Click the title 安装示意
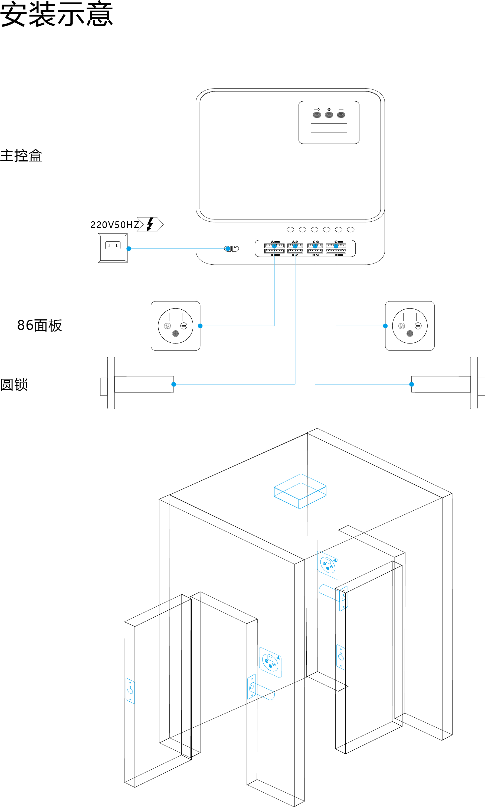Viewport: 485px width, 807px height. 57,14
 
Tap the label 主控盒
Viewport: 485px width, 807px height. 21,156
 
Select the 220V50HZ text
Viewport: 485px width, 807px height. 115,225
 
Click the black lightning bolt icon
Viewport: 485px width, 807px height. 150,224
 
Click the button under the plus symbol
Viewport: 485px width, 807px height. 329,115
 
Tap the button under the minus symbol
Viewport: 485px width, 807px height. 341,115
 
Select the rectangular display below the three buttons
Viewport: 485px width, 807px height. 329,128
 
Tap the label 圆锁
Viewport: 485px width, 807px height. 14,384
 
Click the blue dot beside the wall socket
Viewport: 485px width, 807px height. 129,249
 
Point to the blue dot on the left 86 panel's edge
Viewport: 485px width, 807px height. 200,326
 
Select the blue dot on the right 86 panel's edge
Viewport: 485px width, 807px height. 385,326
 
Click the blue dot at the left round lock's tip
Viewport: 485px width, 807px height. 173,384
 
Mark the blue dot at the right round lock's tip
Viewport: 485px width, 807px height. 411,384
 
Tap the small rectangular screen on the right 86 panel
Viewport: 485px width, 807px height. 410,317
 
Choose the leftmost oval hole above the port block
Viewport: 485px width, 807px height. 290,230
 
